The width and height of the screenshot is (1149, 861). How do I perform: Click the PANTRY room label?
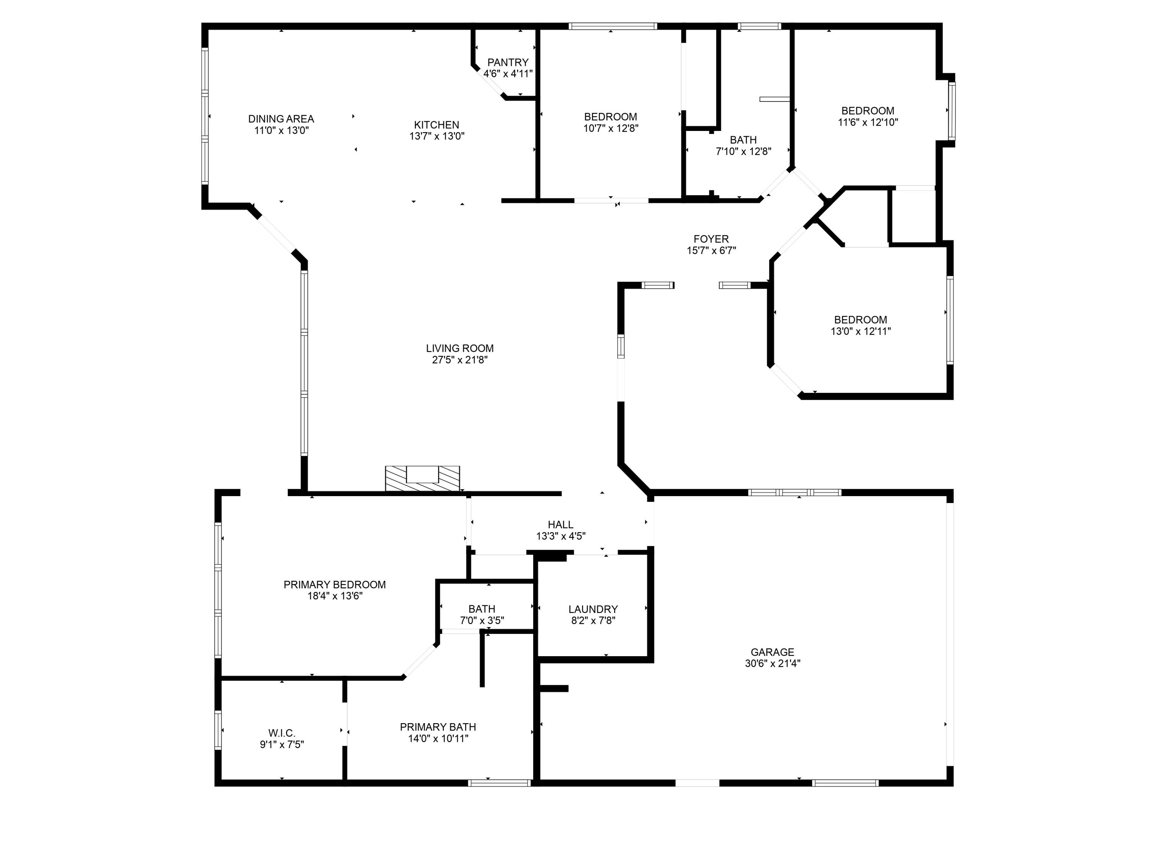click(507, 62)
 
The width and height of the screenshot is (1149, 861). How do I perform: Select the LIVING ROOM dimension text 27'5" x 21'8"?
click(459, 360)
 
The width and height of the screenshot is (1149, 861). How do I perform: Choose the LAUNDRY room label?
click(593, 609)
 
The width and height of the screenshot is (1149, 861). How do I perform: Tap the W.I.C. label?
click(282, 733)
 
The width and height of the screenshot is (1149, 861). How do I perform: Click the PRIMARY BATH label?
click(437, 727)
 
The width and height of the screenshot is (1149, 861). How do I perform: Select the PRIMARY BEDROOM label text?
click(334, 585)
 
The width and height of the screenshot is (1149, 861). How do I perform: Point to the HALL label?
click(560, 525)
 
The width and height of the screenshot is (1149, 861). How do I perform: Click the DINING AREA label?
click(281, 119)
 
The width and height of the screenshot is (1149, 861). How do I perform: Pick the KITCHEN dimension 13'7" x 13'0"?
click(436, 136)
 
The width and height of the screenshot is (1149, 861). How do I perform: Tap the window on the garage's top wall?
click(794, 492)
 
